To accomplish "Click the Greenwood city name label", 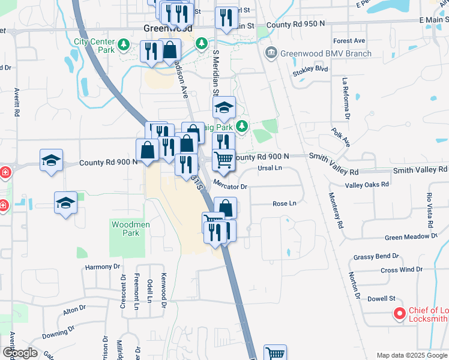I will click(160, 28).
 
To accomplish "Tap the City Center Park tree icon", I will click(124, 44).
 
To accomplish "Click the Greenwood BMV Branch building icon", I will click(271, 53).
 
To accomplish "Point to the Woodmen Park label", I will click(130, 229).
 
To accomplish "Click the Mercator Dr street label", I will click(231, 187).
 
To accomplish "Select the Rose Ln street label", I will click(285, 203).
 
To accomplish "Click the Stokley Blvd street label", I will click(310, 69).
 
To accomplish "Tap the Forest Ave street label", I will click(349, 41).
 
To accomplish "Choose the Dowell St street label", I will click(381, 298).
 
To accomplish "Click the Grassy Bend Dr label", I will click(376, 256).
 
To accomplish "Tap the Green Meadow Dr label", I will click(411, 237).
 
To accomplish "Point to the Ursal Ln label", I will click(270, 168).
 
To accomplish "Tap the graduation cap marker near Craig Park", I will click(224, 108).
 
